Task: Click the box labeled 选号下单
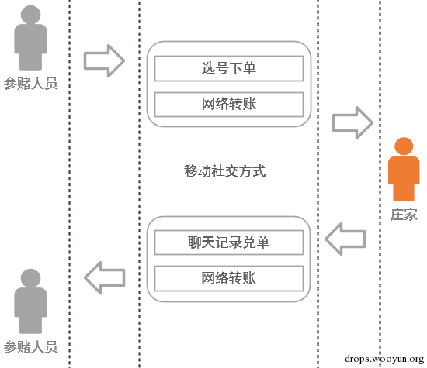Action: tap(229, 68)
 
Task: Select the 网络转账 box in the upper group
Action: tap(229, 105)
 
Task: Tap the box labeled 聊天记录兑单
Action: tap(229, 242)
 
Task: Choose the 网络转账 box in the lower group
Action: tap(229, 278)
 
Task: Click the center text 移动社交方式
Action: tap(224, 171)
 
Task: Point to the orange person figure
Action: tap(404, 169)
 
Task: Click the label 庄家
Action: tap(404, 215)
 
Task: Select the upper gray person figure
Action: tap(30, 37)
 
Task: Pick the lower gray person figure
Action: tap(30, 301)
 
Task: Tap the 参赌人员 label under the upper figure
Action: tap(30, 84)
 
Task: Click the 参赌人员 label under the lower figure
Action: tap(30, 347)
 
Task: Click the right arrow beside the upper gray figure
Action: tap(104, 61)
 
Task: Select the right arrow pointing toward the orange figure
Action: tap(352, 123)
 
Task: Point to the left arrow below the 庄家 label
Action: tap(345, 239)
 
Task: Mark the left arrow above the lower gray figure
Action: tap(105, 278)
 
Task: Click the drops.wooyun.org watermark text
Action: tap(384, 359)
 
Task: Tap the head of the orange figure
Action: tap(404, 146)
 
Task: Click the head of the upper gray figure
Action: tap(30, 15)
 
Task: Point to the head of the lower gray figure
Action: tap(30, 279)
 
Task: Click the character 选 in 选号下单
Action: tap(208, 68)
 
